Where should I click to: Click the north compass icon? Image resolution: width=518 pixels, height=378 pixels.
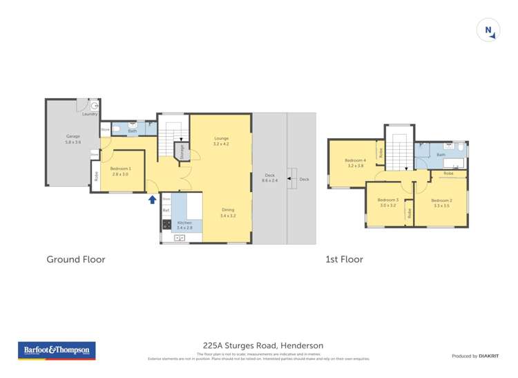[x=488, y=30]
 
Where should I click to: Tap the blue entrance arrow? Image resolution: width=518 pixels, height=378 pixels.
[x=152, y=200]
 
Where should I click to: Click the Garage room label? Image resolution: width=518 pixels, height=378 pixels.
[x=73, y=139]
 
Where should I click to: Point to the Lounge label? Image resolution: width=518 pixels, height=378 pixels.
[x=221, y=141]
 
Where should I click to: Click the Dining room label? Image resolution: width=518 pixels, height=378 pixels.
[x=228, y=212]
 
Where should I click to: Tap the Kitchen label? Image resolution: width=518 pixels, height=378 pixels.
[x=185, y=225]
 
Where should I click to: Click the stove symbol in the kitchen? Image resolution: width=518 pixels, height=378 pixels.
[x=166, y=224]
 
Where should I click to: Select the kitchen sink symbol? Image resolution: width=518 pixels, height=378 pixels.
[x=180, y=238]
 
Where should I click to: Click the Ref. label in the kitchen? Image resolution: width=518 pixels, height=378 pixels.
[x=166, y=210]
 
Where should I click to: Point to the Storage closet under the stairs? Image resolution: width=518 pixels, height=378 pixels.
[x=182, y=151]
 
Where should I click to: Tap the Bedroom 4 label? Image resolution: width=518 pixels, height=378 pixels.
[x=356, y=163]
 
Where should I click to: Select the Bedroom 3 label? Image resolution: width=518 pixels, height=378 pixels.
[x=388, y=202]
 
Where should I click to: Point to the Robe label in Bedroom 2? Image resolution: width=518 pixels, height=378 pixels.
[x=448, y=174]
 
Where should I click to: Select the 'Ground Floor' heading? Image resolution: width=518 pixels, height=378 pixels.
[x=76, y=260]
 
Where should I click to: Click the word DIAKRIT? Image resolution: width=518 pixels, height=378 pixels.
[x=489, y=356]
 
